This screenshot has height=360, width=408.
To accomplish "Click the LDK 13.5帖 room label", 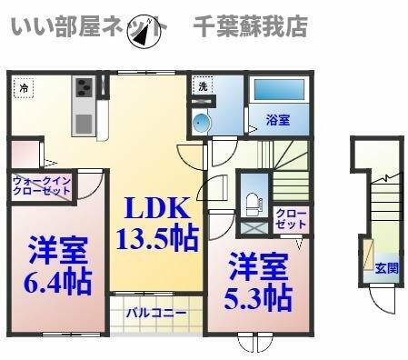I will [x=156, y=223].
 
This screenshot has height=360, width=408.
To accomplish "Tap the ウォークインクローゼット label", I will [x=41, y=186].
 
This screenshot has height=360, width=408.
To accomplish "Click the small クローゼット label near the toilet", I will [x=291, y=218].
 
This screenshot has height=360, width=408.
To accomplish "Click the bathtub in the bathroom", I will [x=281, y=92].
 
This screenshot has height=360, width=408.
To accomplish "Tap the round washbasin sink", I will [x=202, y=124].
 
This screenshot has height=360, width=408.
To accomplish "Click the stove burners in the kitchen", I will [x=84, y=89].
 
